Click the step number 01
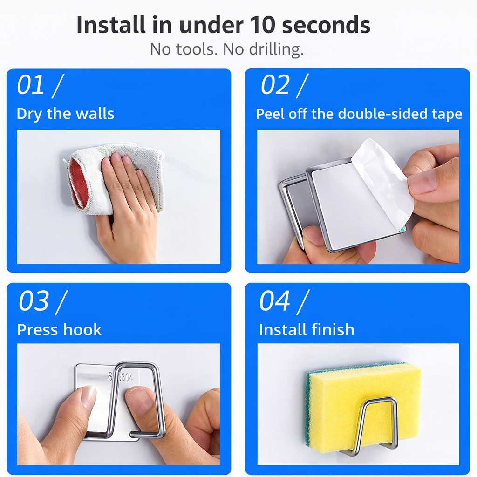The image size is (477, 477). click(31, 86)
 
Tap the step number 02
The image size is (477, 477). click(275, 86)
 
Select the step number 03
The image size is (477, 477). click(34, 301)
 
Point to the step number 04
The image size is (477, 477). click(275, 301)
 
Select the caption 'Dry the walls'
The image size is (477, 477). click(65, 114)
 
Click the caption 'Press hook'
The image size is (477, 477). click(59, 330)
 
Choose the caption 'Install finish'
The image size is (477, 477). click(307, 330)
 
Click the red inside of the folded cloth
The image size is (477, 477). click(78, 184)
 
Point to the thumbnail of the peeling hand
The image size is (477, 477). click(422, 183)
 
